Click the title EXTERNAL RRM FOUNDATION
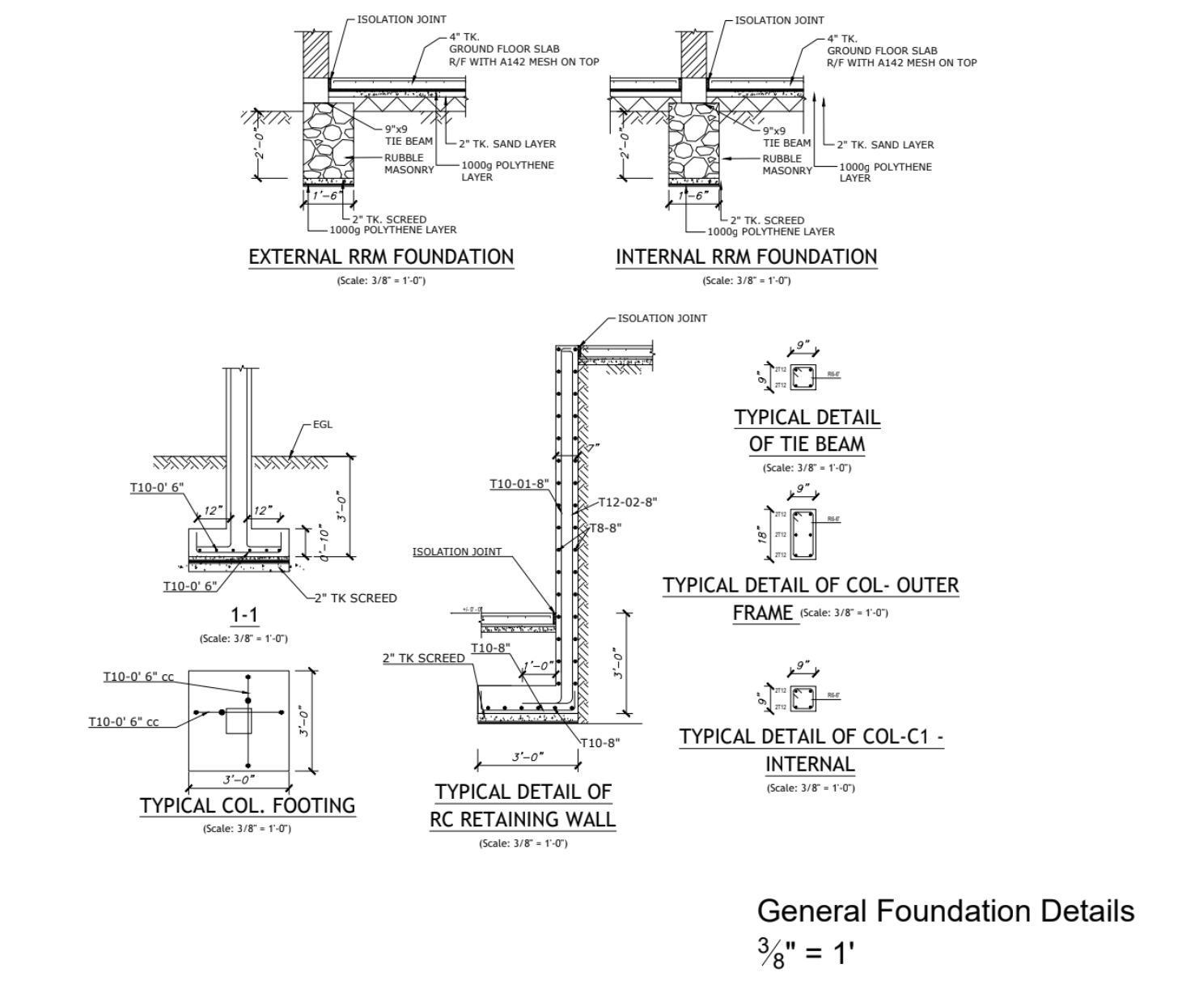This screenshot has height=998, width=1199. pos(381,257)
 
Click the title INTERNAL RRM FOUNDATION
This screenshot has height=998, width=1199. pos(746,257)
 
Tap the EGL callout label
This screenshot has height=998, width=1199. pos(322,424)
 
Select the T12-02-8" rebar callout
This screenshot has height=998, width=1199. pos(627,502)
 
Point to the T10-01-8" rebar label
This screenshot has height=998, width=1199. pos(519,484)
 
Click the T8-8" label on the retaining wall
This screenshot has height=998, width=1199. pos(605,528)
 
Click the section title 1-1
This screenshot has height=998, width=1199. pos(244,615)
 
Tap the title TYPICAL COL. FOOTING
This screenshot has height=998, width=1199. pos(248,805)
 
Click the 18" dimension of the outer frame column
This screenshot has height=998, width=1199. pos(762,534)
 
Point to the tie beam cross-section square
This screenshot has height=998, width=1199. pos(803,378)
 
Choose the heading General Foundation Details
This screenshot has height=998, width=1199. pos(945,911)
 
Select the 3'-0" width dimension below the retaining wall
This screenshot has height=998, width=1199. pos(527,758)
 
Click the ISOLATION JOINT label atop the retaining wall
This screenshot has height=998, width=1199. pos(662,318)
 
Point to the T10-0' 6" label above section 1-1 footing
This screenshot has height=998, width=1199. pos(157,487)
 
